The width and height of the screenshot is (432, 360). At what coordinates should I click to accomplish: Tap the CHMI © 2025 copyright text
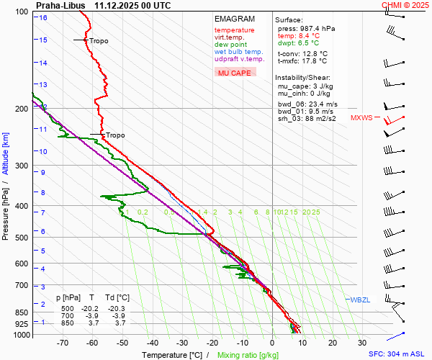[405, 5]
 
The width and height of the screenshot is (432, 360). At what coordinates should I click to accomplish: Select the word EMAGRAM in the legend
[235, 19]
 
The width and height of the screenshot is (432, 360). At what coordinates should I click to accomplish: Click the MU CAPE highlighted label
[235, 73]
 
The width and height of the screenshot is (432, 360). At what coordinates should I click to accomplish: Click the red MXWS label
[361, 117]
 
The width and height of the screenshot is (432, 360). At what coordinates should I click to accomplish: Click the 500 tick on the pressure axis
[23, 238]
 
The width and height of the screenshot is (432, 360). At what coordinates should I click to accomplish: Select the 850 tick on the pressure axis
[23, 312]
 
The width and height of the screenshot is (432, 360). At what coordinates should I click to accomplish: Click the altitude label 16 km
[43, 17]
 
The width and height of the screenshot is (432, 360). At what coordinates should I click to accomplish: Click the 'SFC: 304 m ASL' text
[397, 354]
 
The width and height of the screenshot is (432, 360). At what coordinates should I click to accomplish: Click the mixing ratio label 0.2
[143, 212]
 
